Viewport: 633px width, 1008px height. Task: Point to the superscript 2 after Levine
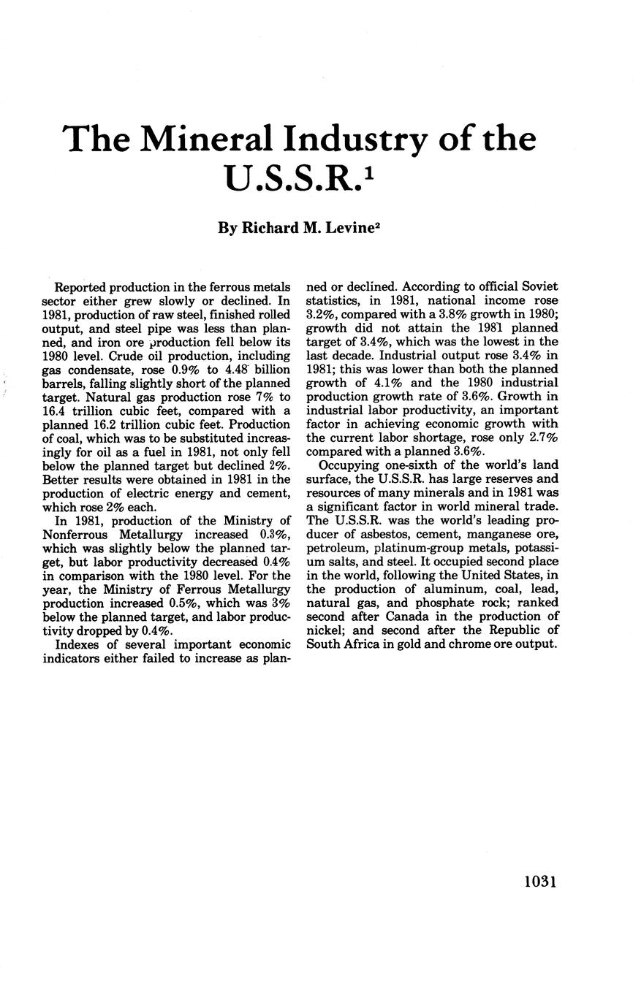(379, 224)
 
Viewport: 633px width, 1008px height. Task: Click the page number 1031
(541, 882)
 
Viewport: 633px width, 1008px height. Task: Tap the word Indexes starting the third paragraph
(77, 644)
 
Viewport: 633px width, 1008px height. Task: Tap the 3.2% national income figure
(320, 314)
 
